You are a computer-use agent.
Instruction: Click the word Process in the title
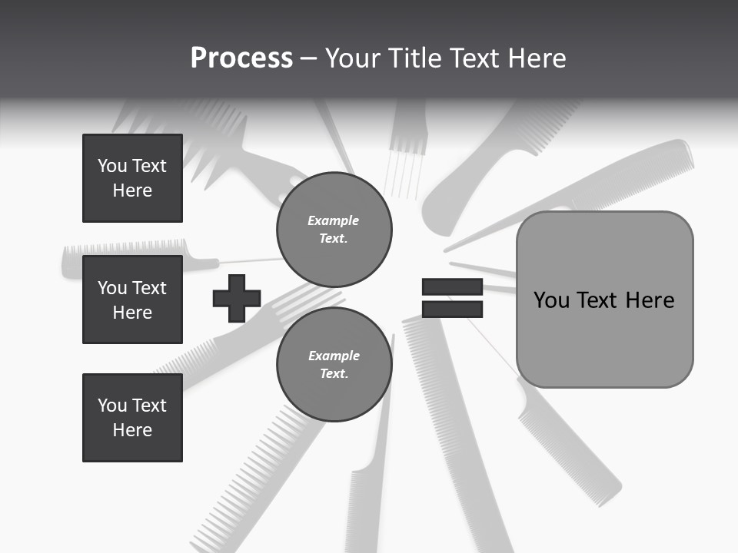click(241, 58)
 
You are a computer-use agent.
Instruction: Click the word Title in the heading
click(411, 58)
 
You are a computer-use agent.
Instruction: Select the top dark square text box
click(132, 178)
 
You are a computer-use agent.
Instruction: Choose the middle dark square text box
click(132, 300)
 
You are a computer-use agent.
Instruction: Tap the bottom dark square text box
click(132, 418)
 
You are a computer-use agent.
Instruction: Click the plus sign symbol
click(237, 298)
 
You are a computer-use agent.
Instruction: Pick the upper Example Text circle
click(334, 230)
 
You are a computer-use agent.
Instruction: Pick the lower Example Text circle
click(334, 365)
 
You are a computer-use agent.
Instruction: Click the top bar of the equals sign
click(452, 287)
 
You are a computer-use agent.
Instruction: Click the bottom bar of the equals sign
click(452, 310)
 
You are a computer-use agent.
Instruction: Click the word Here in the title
click(537, 58)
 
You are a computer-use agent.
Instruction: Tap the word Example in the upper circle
click(334, 221)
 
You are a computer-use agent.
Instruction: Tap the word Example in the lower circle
click(334, 356)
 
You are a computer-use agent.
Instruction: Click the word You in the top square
click(111, 166)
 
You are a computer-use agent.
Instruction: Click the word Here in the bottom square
click(132, 430)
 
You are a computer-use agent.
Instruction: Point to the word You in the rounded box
click(552, 300)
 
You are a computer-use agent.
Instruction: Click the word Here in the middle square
click(132, 313)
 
